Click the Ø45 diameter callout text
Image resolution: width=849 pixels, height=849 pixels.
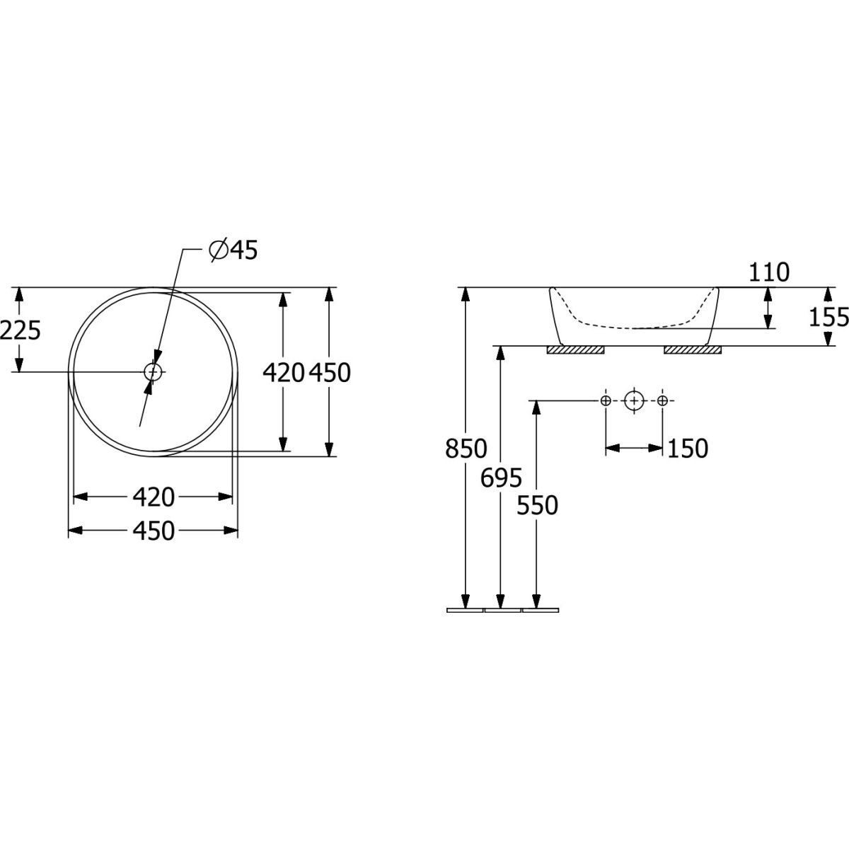point(233,250)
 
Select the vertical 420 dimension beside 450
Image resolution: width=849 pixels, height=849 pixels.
point(283,372)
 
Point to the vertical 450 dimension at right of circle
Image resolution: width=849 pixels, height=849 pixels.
point(330,372)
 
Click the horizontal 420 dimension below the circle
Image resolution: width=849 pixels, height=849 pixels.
point(154,497)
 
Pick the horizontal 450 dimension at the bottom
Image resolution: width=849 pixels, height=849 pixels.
point(154,531)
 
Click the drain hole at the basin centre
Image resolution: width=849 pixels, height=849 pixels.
point(153,372)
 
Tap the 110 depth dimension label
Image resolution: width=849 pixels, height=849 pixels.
point(769,272)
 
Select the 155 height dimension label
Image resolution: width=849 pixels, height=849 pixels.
point(828,317)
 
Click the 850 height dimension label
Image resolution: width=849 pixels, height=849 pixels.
point(466,449)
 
